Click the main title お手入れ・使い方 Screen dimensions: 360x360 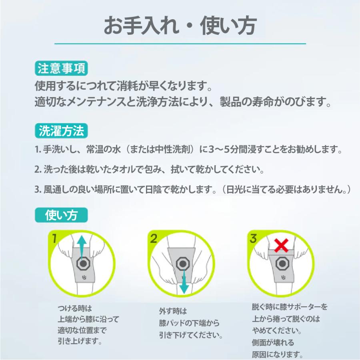(x=180, y=26)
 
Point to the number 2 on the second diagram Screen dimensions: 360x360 (x=153, y=240)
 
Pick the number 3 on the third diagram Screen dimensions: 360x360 (x=253, y=240)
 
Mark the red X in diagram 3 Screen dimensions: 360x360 (x=282, y=245)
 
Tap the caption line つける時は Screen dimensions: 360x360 (x=75, y=308)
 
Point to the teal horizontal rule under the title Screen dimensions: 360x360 (x=180, y=43)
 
